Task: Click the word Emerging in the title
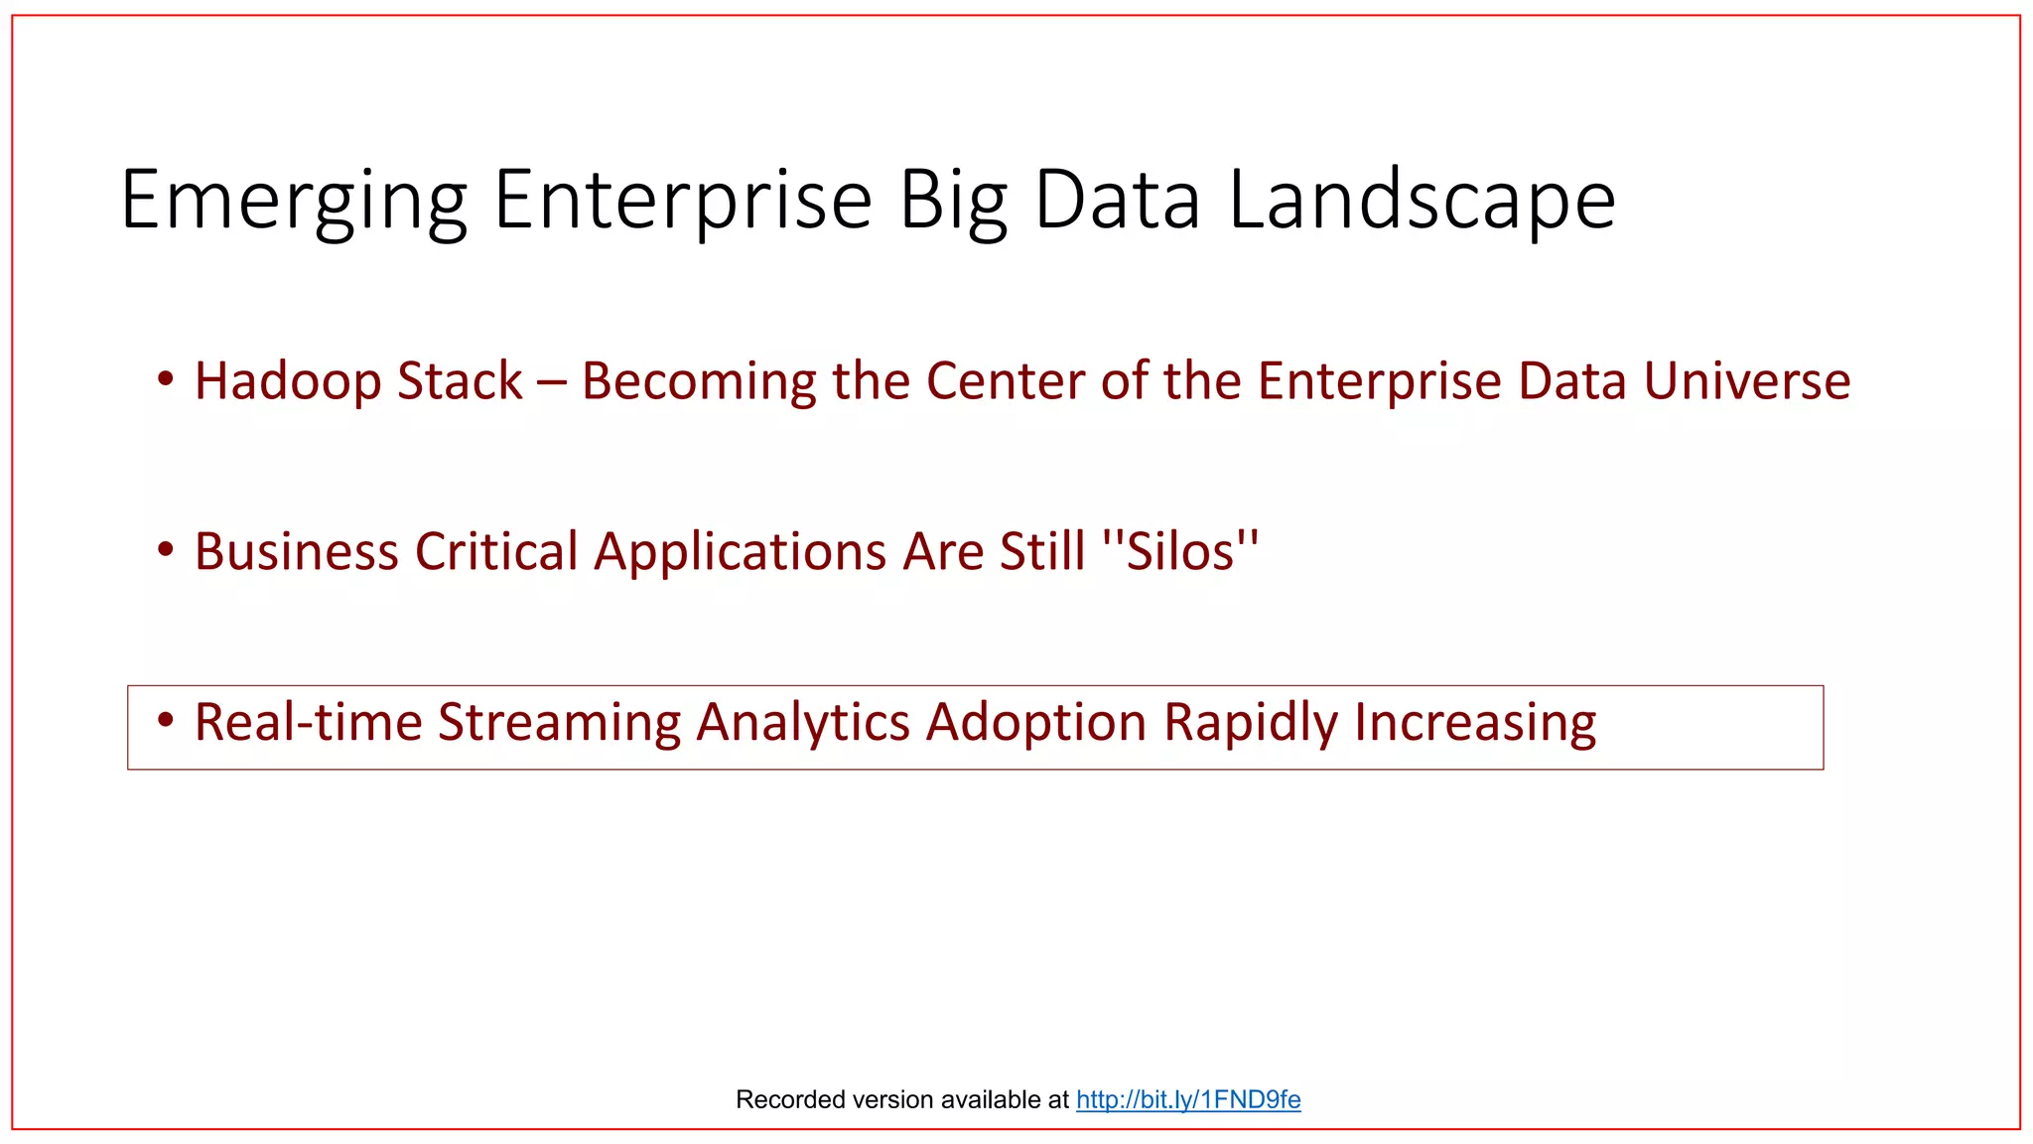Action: pos(294,202)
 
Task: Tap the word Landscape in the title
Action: pos(1422,202)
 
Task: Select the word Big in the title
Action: pos(953,202)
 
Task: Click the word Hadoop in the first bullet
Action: pos(289,381)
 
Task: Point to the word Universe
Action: pos(1746,381)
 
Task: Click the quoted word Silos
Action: pos(1180,551)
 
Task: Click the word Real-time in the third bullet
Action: pos(308,722)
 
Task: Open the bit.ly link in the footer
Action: pos(1187,1099)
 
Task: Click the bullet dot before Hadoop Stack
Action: pos(166,378)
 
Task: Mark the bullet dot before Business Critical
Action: pos(166,549)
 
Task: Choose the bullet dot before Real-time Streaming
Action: pos(166,719)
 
